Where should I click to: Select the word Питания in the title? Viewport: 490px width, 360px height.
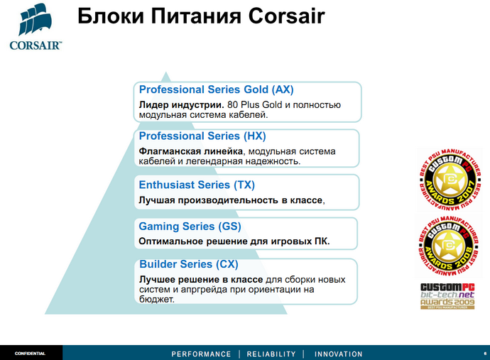(x=182, y=16)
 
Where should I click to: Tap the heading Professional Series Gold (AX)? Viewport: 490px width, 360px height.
(x=216, y=90)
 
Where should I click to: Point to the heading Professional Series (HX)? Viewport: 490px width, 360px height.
(x=202, y=136)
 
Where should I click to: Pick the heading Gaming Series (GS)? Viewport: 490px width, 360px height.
(x=190, y=227)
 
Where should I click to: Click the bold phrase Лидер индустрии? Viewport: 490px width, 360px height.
(x=181, y=104)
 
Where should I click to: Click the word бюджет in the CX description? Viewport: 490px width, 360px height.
(x=156, y=300)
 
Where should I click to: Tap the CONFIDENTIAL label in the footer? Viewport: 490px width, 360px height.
(x=31, y=353)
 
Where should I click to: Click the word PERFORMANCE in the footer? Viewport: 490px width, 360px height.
(x=201, y=354)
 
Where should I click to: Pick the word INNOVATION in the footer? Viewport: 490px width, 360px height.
(x=338, y=354)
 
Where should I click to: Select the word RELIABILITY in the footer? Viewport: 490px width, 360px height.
(x=271, y=354)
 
